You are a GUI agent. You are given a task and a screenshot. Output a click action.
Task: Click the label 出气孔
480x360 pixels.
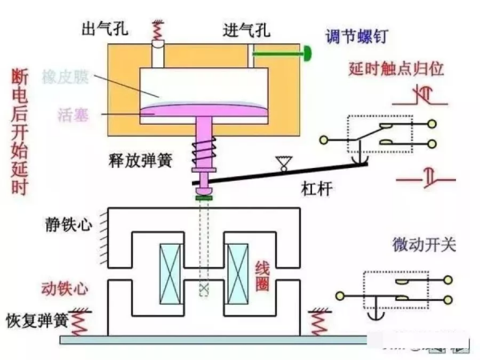(102, 30)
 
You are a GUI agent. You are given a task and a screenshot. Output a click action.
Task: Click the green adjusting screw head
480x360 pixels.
(306, 54)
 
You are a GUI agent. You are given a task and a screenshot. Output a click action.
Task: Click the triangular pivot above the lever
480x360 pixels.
(280, 165)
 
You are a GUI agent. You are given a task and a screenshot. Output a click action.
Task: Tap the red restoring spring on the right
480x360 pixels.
(318, 321)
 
